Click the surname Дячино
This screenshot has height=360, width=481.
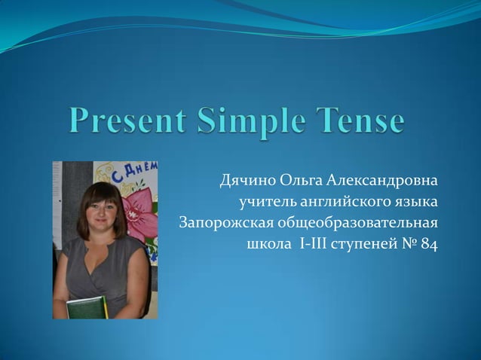(247, 182)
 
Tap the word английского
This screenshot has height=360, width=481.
(345, 203)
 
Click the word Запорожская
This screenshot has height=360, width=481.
(225, 224)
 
